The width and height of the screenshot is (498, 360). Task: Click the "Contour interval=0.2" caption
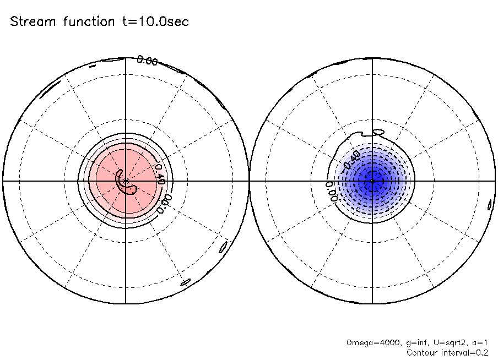pos(447,352)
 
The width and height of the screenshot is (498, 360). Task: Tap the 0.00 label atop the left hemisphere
pos(147,61)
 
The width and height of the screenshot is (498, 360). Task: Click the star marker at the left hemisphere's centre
pos(126,180)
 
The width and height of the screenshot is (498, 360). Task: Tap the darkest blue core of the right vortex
pos(372,180)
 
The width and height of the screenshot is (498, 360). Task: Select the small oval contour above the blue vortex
pos(378,132)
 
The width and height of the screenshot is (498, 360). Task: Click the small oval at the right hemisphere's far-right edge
pos(490,205)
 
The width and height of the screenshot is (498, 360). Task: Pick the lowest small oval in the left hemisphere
pos(186,283)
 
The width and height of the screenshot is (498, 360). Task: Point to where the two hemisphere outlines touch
pos(249,180)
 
